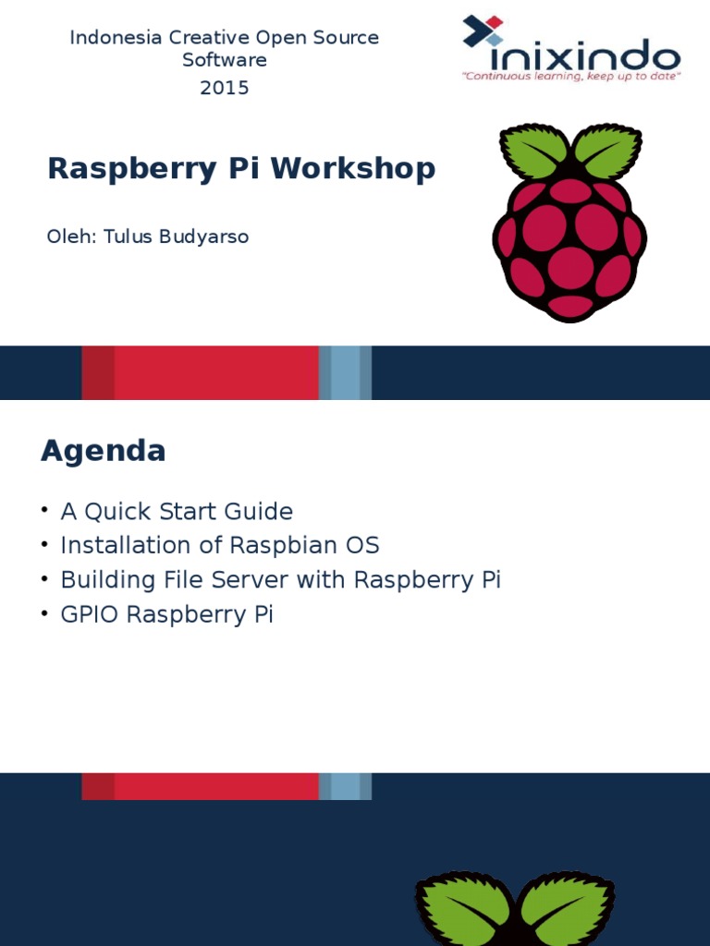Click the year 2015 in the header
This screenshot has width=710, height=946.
coord(224,88)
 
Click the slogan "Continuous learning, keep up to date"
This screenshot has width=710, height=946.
coord(571,77)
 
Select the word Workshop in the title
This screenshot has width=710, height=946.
coord(353,168)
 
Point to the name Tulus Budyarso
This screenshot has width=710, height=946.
coord(176,236)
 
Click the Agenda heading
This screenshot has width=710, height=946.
coord(104,451)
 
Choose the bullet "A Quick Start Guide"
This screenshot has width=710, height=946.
coord(177,512)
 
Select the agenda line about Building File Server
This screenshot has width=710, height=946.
coord(281,580)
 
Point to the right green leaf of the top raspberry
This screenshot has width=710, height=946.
coord(606,151)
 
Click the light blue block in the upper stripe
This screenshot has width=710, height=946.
coord(345,373)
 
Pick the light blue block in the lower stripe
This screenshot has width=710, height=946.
coord(345,786)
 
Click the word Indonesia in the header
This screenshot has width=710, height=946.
coord(116,37)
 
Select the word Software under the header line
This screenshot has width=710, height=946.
coord(225,60)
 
